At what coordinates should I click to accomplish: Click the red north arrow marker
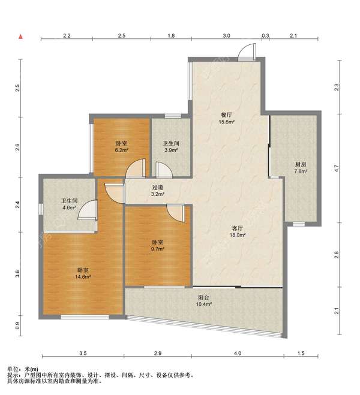pos(21,37)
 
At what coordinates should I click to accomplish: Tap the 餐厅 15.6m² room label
pos(227,119)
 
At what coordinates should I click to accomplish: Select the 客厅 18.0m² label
pos(238,231)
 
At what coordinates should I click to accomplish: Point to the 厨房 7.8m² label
pos(301,168)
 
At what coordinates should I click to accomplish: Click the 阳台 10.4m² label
pos(203,301)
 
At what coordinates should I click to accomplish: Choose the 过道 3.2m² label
pos(158,191)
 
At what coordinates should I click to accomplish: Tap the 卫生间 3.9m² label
pos(171,147)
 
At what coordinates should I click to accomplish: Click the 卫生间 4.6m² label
pos(69,204)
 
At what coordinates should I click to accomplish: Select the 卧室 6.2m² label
pos(122,147)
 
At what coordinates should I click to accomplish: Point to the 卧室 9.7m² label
pos(158,245)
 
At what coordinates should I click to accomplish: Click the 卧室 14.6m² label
pos(83,273)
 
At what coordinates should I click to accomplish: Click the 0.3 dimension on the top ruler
pos(265,36)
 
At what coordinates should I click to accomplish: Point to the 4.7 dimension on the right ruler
pos(337,168)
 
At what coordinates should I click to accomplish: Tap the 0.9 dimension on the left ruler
pos(17,326)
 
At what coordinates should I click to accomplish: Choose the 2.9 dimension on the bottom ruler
pos(158,354)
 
